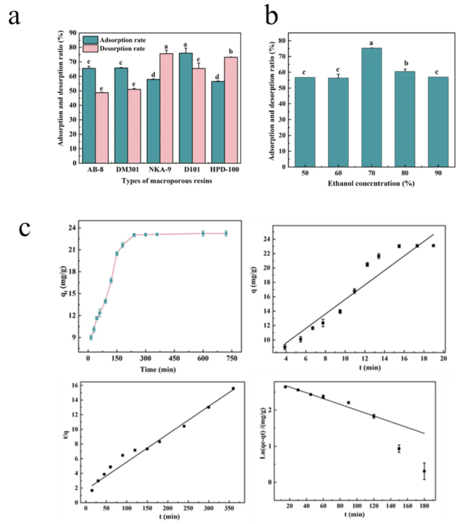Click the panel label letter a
[x=13, y=17]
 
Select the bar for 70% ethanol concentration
[x=371, y=107]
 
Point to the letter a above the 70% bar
[x=371, y=42]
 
